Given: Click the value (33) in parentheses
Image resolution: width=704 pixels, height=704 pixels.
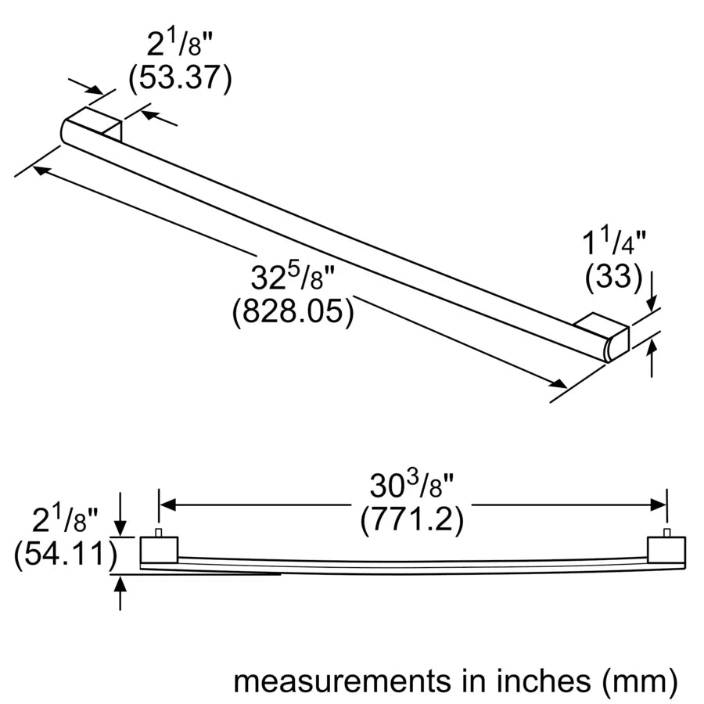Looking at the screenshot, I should pyautogui.click(x=613, y=276).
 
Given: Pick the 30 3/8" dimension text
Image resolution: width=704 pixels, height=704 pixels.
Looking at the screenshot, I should pyautogui.click(x=412, y=487).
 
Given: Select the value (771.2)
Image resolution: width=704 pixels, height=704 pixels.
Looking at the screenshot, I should pyautogui.click(x=412, y=519).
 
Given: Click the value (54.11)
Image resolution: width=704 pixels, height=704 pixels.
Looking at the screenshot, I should pyautogui.click(x=64, y=555).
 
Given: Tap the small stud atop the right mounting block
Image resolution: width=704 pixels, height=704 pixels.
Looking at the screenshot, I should pyautogui.click(x=667, y=533).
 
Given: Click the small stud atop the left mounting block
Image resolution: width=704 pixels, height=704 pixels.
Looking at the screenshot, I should pyautogui.click(x=159, y=533).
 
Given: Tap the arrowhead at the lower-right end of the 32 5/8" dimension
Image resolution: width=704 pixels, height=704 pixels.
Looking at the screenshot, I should pyautogui.click(x=559, y=383).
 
